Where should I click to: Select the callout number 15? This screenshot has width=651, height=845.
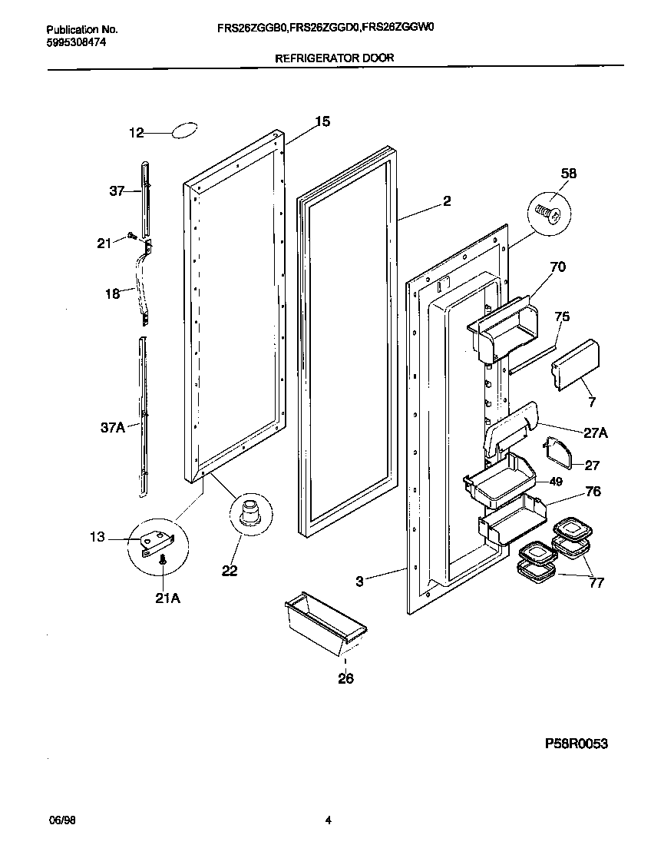coord(322,121)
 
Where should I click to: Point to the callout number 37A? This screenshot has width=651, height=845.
coord(112,428)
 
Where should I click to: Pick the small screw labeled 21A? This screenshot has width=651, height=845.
coord(163,562)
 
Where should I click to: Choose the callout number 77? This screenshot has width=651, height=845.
coord(595,582)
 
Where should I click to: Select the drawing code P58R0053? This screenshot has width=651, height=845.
coord(580,744)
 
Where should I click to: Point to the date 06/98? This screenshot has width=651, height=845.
coord(62,820)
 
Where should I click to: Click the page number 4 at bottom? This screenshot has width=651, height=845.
coord(328,820)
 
